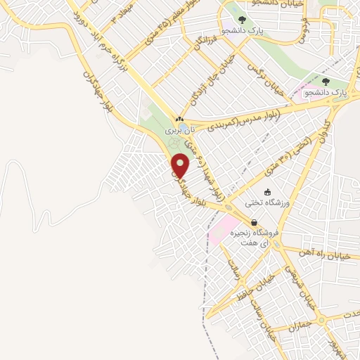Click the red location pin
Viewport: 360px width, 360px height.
coord(181,165)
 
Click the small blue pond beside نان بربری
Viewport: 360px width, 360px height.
coord(172,131)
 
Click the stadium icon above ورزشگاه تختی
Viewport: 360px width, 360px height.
coord(267,191)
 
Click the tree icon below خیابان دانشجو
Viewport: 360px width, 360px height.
coord(242,20)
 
